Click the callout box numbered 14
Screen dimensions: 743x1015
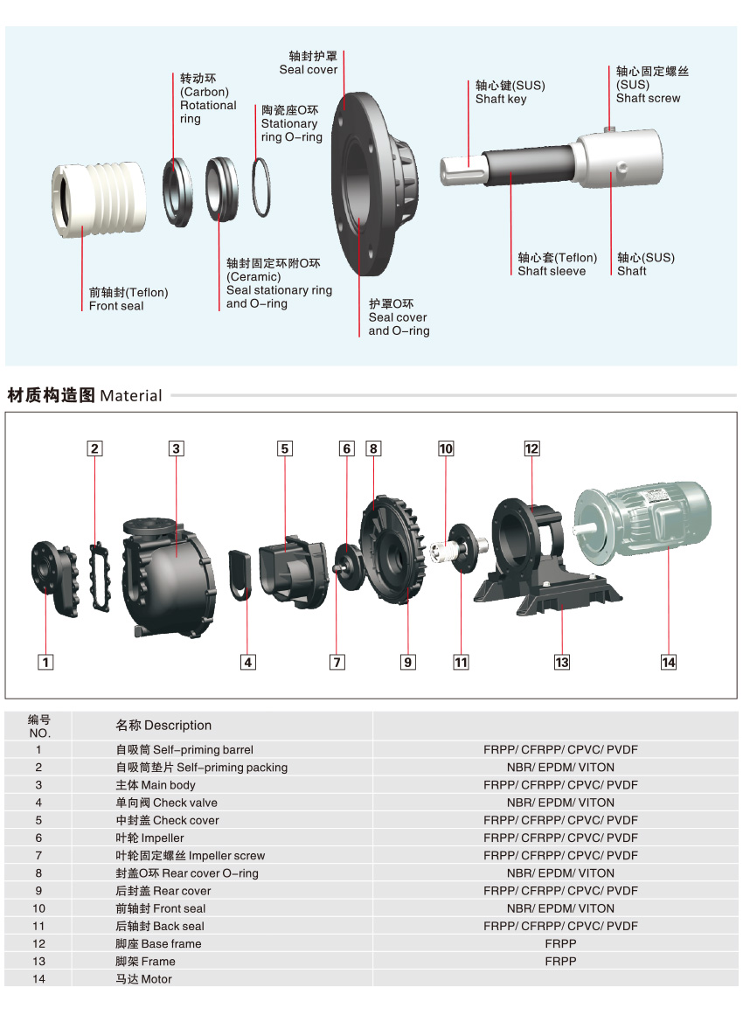669,662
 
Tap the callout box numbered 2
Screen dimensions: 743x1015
94,448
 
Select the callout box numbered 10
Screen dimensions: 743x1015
446,448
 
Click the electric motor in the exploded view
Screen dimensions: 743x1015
642,520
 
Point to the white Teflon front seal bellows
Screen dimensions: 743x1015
99,198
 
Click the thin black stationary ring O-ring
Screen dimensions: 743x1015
261,187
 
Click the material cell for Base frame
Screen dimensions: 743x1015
560,944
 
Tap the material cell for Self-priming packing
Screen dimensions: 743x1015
560,767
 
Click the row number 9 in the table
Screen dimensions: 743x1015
38,891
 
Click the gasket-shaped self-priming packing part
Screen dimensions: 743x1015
100,576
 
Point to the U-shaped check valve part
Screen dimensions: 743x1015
240,575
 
